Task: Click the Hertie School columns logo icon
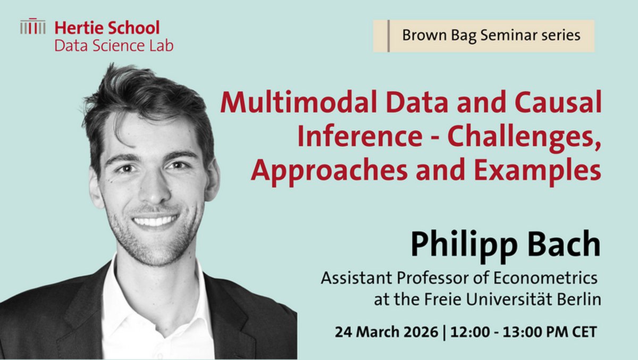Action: [x=33, y=26]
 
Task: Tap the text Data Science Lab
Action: [x=114, y=46]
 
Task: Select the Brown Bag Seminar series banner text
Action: [x=491, y=36]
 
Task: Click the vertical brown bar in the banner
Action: [x=389, y=36]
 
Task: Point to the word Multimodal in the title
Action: [x=300, y=102]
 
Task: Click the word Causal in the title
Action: [x=558, y=102]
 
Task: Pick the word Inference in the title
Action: [x=360, y=136]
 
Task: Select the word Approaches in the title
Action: [x=329, y=172]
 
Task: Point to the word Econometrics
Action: [x=545, y=278]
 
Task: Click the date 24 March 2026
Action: [x=387, y=332]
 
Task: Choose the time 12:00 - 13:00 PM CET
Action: [x=524, y=332]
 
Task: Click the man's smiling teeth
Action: [x=155, y=221]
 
